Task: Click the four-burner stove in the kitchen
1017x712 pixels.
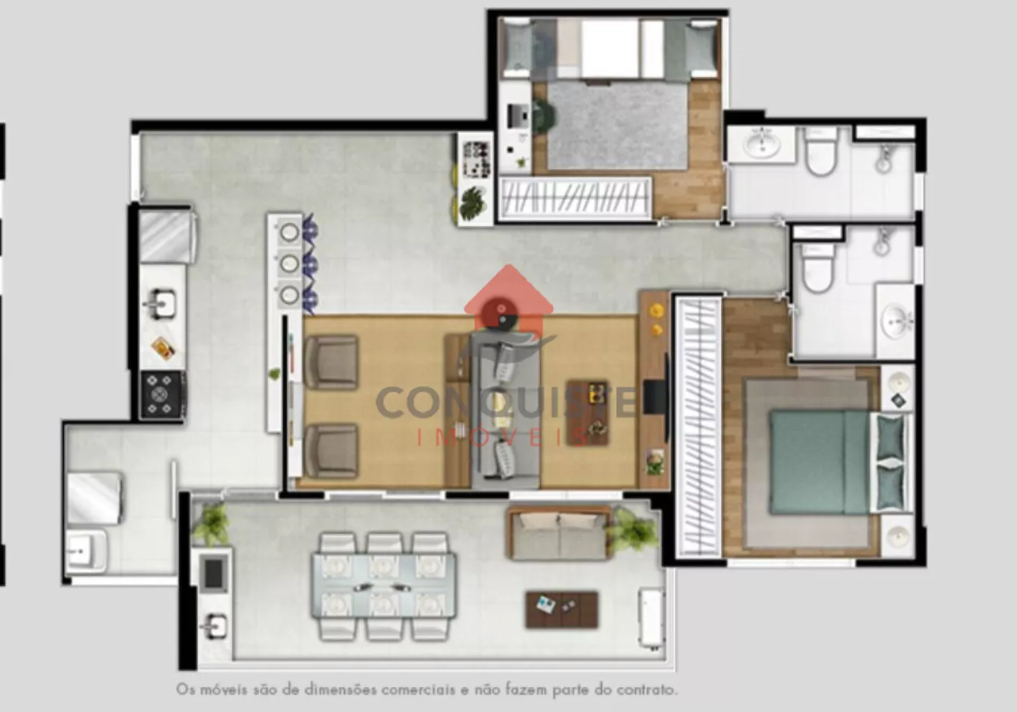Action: [163, 395]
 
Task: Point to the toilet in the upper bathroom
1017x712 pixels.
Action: [822, 151]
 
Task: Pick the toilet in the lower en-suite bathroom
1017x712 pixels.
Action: [817, 268]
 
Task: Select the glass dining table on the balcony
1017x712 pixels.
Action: [384, 585]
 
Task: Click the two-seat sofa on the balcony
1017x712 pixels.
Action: [560, 533]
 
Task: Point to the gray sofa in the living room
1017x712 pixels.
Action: [506, 410]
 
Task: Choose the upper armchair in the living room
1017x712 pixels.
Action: [331, 362]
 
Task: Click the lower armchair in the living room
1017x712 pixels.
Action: [331, 451]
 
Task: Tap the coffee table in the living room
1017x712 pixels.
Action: [587, 413]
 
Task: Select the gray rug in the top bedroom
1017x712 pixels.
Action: [617, 126]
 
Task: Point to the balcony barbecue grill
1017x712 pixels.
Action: [213, 574]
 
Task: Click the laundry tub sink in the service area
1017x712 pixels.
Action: [86, 551]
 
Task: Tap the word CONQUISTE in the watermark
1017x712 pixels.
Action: [506, 403]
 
